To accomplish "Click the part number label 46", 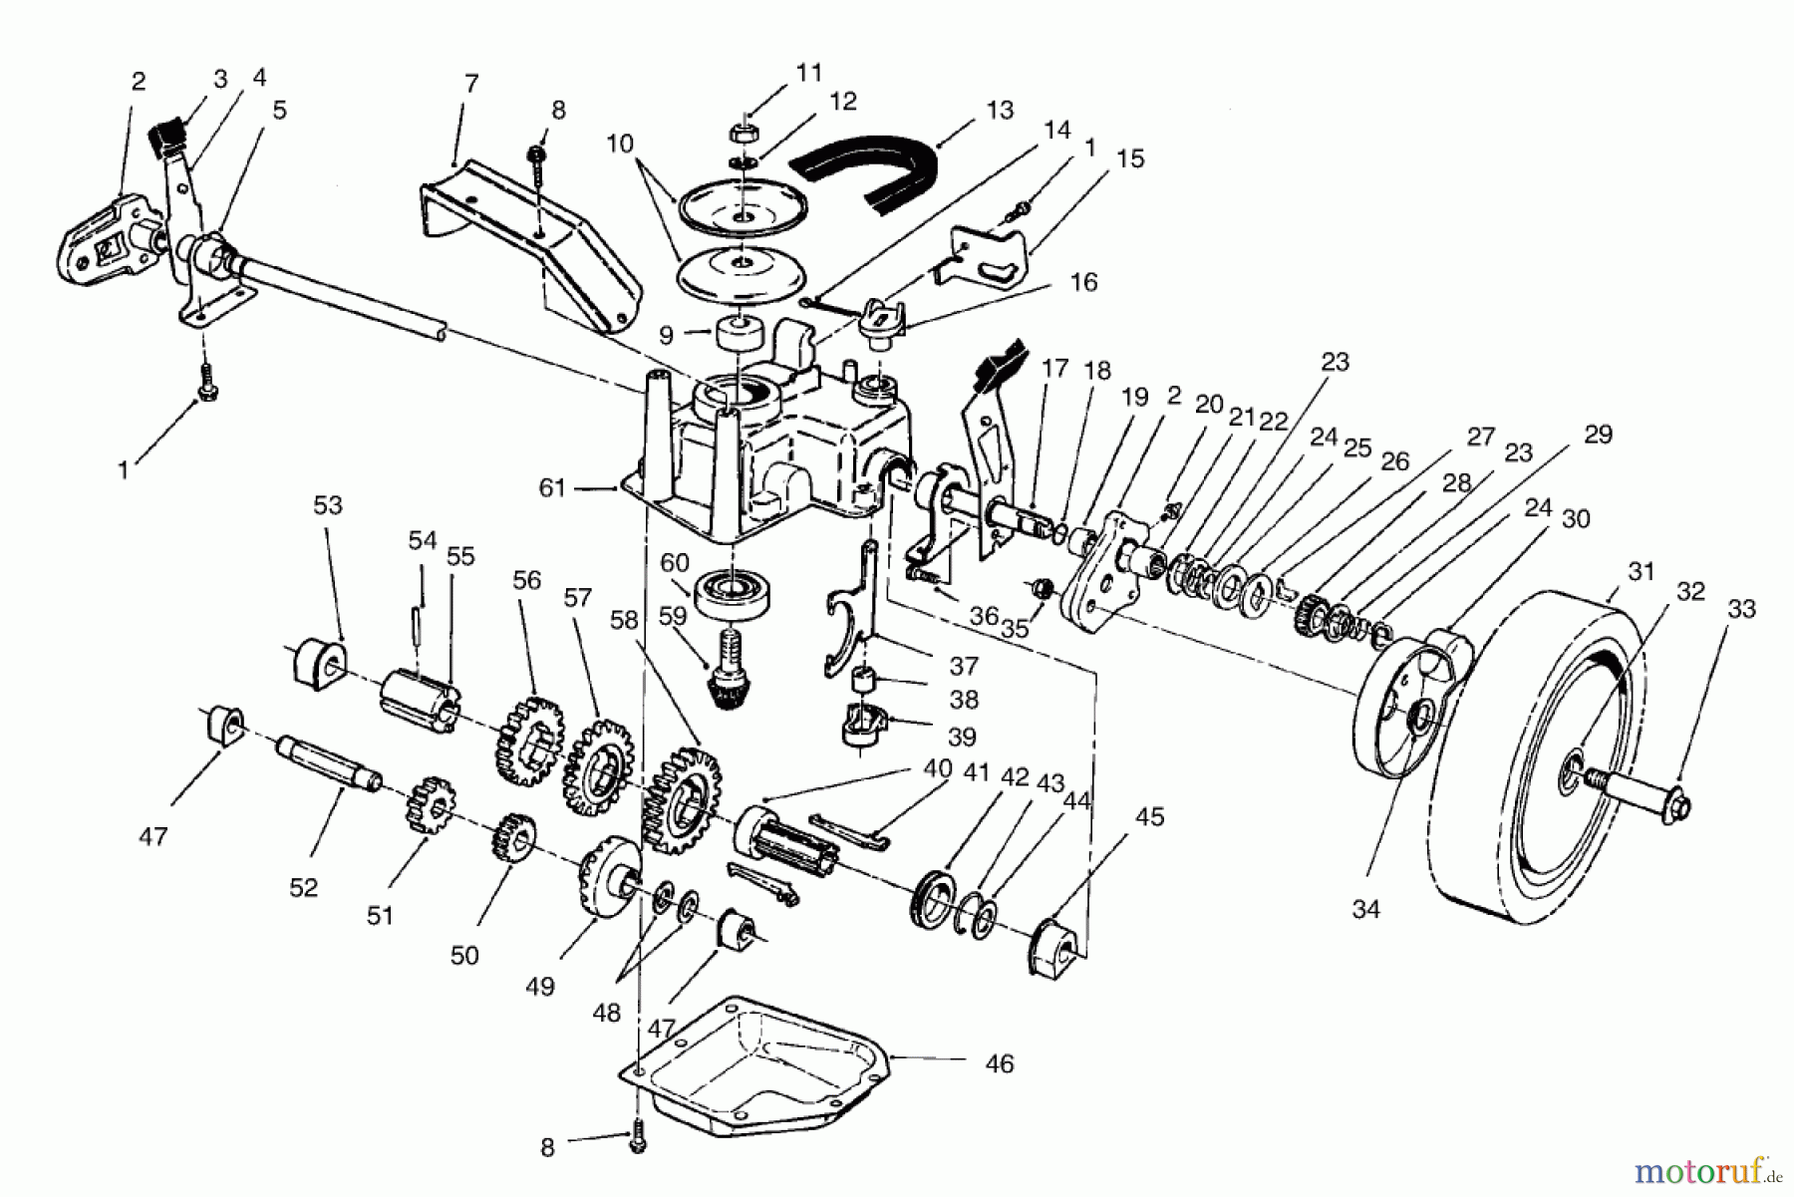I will [999, 1064].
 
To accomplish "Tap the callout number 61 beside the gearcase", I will [551, 488].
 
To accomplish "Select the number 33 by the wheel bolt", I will [1740, 608].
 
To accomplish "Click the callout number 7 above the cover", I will [471, 83].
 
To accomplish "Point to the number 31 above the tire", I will [1641, 571].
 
